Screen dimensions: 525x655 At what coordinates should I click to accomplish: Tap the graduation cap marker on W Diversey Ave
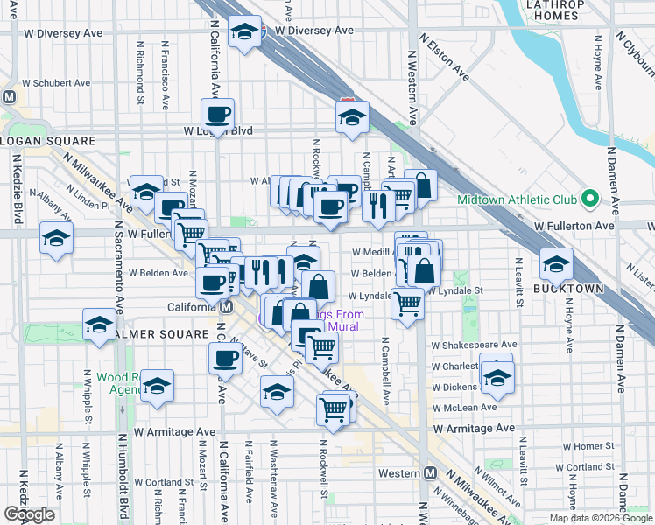[243, 33]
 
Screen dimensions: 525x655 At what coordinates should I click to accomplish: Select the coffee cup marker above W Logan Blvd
[217, 113]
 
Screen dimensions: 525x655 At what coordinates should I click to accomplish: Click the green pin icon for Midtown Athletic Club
[590, 200]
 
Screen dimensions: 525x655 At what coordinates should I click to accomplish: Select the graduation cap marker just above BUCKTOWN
[555, 262]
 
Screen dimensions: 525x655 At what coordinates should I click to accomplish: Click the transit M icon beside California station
[226, 307]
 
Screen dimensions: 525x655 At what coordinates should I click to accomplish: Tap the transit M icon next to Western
[430, 472]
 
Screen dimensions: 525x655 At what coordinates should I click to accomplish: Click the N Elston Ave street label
[443, 58]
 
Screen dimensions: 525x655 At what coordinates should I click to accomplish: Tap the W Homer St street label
[586, 446]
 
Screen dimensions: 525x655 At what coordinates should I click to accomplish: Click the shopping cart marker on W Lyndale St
[407, 303]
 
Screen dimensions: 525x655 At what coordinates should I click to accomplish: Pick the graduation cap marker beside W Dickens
[497, 378]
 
